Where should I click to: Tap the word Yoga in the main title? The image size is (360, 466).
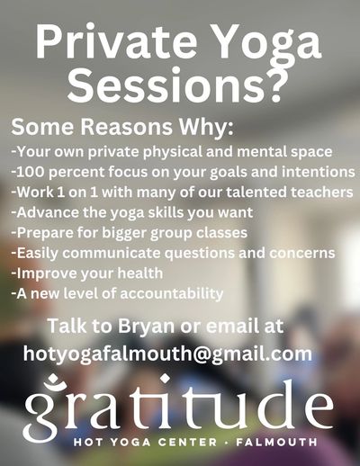(268, 45)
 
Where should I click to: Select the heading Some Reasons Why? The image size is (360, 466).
(121, 127)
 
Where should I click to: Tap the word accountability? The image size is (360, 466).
(172, 293)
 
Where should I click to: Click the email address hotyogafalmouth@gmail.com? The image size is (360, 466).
(167, 354)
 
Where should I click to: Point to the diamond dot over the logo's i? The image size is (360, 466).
(164, 379)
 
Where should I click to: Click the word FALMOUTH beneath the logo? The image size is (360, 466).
(276, 442)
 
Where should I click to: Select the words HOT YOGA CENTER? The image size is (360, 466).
(145, 442)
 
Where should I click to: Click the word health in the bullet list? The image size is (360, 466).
(140, 273)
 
